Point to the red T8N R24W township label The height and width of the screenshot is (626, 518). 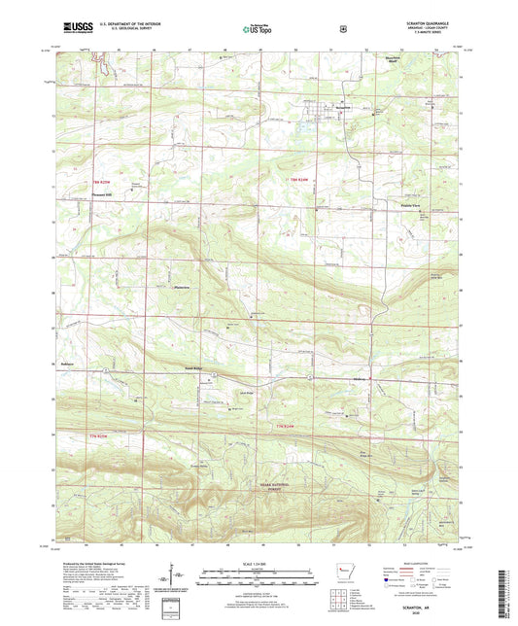click(297, 181)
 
